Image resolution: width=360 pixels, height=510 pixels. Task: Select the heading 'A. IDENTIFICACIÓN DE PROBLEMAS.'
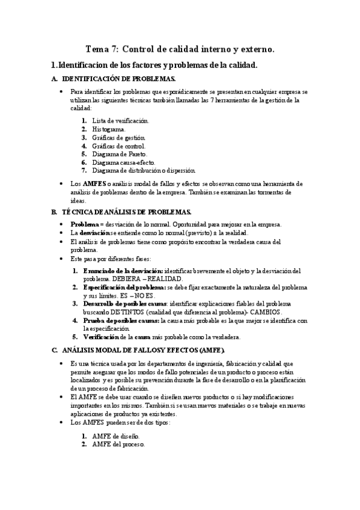118,79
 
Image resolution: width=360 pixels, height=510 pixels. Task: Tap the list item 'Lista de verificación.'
121,120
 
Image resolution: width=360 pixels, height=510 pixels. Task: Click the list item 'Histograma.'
109,129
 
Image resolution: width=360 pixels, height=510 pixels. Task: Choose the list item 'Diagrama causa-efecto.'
124,162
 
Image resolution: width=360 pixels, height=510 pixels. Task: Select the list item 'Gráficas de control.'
119,146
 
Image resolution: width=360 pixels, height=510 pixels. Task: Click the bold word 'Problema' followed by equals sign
85,224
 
